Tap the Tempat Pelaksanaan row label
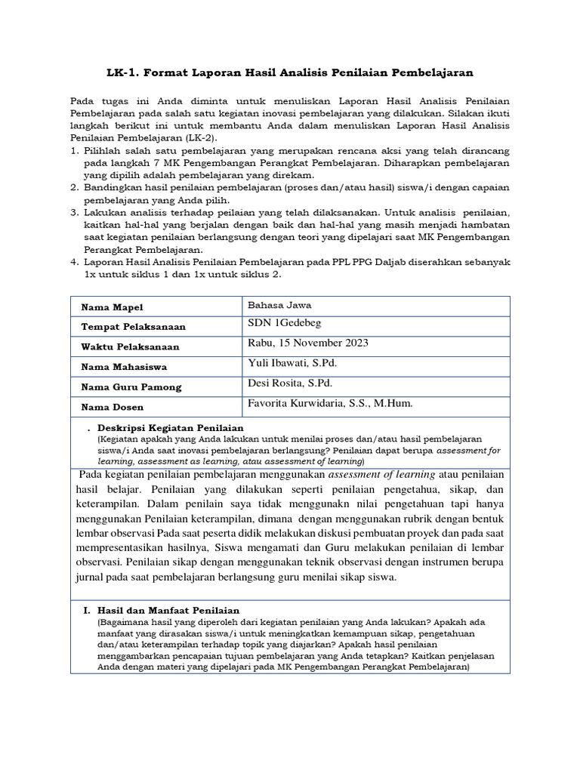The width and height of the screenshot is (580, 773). click(x=133, y=327)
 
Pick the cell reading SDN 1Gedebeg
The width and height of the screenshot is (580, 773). click(x=283, y=324)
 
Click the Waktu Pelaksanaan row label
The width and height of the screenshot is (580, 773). click(x=130, y=346)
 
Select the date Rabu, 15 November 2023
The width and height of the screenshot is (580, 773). click(x=307, y=343)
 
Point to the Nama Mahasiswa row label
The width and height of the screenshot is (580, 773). click(x=124, y=367)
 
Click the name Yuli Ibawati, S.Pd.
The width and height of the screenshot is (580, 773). click(x=292, y=363)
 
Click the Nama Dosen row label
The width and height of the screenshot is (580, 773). click(x=110, y=407)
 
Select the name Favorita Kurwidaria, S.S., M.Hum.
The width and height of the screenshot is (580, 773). click(x=330, y=404)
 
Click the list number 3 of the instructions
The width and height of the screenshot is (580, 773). click(x=74, y=213)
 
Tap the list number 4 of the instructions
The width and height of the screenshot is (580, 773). click(x=74, y=261)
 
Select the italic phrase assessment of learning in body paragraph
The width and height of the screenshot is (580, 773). click(x=380, y=475)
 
